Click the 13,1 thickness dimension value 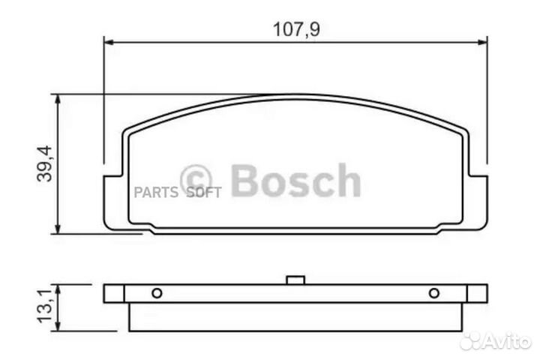43,307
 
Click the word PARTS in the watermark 156,192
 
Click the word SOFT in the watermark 203,192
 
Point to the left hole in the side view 156,293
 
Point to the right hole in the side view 433,293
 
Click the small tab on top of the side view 295,282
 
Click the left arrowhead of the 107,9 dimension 106,42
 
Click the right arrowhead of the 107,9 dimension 483,42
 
